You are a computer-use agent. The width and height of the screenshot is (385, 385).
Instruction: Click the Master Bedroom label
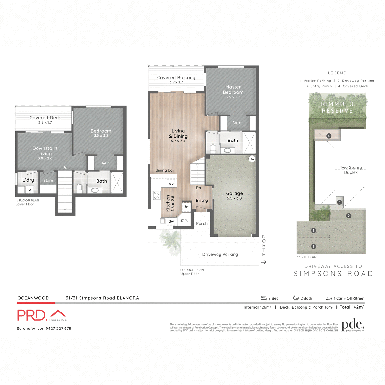coord(233,90)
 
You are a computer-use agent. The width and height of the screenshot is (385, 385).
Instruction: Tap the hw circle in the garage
coord(252,158)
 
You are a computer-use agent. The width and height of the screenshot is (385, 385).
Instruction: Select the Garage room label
coord(234,193)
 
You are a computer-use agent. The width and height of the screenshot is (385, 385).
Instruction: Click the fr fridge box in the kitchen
coord(186,207)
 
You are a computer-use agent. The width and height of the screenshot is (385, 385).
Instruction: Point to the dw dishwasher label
coord(171,221)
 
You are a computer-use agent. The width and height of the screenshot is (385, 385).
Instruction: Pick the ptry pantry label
coord(184,220)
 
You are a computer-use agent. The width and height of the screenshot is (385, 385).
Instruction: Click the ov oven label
coord(171,184)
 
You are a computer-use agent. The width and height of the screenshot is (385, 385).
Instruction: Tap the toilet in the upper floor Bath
coord(213,148)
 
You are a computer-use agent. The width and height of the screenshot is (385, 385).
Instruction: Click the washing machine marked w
coord(30,190)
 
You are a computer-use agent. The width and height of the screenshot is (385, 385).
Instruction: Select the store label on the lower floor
coord(48,180)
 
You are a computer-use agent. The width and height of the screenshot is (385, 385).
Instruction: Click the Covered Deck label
coord(45,118)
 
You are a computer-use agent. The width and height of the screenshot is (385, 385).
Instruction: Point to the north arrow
coord(264,262)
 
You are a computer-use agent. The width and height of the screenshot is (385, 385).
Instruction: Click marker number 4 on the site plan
coord(329,136)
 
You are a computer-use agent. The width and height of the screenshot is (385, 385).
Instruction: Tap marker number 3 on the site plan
coord(339,202)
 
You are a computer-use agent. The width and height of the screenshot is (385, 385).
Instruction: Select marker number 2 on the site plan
coord(349,216)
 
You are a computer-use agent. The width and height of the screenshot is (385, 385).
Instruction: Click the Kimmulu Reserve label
coord(337,107)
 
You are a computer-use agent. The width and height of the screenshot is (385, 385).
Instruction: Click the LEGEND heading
coord(337,73)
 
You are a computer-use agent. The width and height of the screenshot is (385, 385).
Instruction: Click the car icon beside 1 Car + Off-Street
coord(329,298)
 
